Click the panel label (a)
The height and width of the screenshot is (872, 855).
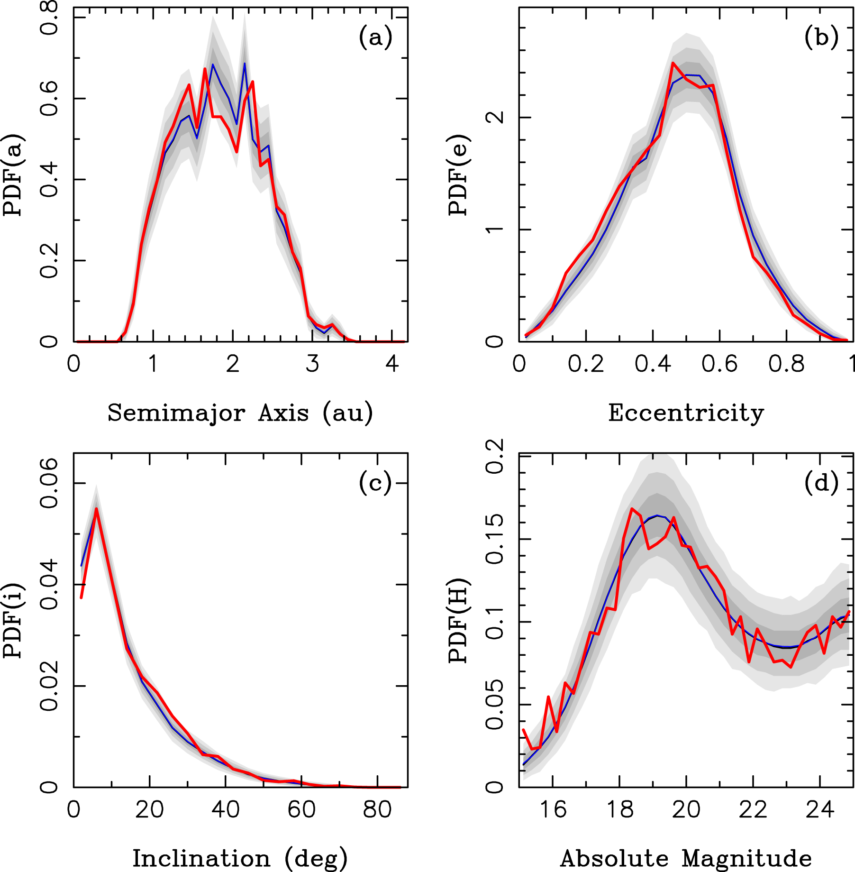tap(375, 38)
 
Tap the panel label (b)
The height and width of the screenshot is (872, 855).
tap(821, 38)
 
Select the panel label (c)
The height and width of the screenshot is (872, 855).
tap(375, 484)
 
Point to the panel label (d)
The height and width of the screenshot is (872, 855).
tap(821, 484)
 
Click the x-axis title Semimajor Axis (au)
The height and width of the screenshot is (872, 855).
tap(240, 413)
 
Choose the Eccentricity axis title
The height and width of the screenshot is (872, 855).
tap(686, 413)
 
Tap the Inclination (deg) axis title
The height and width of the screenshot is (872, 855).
tap(240, 859)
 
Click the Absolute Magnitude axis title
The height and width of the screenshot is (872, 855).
tap(686, 859)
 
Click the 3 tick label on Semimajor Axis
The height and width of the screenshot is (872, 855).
tap(312, 364)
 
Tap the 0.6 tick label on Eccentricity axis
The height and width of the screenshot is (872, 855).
tap(719, 364)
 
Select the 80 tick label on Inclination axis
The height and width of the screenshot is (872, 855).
tap(377, 810)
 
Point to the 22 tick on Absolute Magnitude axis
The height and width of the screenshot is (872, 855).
tap(753, 810)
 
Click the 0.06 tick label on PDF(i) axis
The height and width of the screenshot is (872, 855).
tap(49, 483)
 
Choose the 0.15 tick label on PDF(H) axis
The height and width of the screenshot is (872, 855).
tap(495, 539)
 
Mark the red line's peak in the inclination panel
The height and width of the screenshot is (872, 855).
tap(96, 509)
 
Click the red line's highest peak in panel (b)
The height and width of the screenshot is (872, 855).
tap(673, 63)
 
